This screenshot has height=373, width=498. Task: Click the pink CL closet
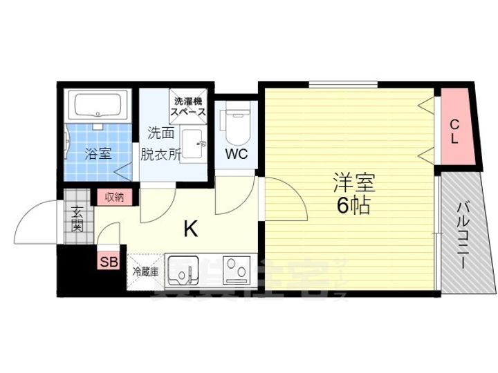point(455,132)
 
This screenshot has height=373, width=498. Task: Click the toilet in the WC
point(234,124)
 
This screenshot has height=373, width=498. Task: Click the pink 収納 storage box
point(114,198)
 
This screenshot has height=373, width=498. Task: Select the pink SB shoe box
point(108,261)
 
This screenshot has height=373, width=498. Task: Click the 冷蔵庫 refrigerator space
point(146,271)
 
